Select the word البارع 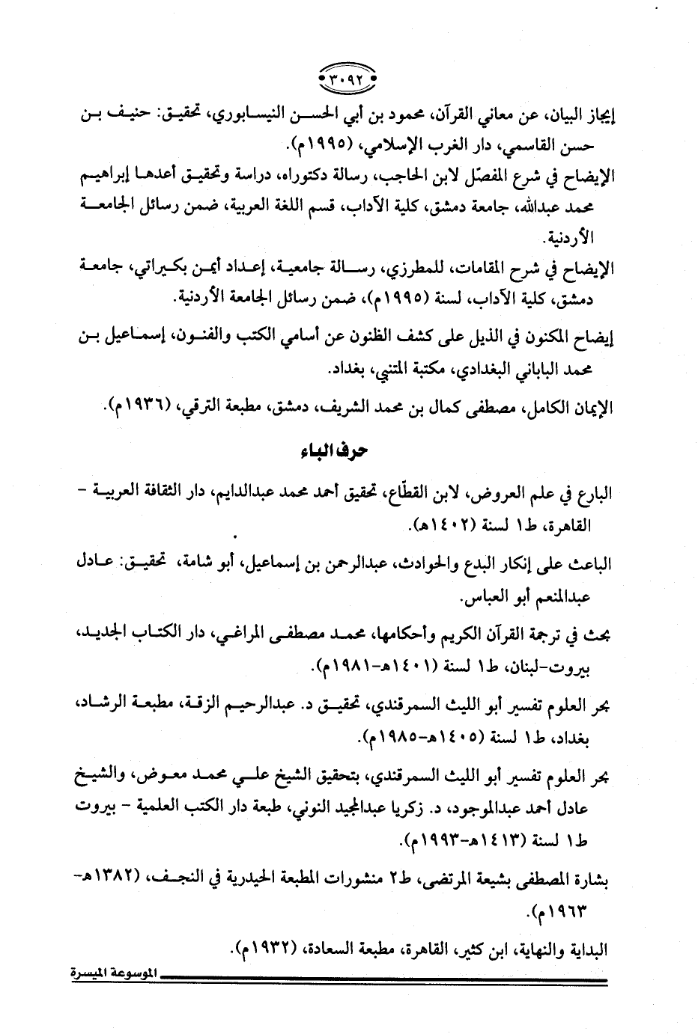(595, 493)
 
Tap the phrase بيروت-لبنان (550, 665)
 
